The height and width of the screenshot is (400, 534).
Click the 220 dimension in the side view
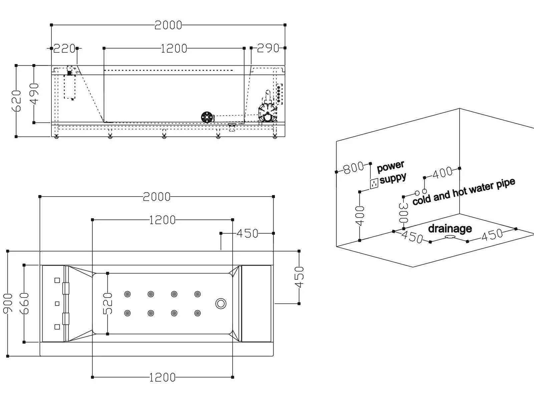click(x=64, y=49)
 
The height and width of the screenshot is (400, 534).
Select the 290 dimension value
click(x=268, y=48)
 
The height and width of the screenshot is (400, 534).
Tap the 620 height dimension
click(x=16, y=101)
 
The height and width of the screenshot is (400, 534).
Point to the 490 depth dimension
click(x=34, y=94)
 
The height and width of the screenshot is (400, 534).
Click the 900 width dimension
click(x=8, y=303)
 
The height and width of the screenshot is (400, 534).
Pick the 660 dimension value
click(x=24, y=303)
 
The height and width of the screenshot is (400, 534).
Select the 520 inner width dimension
click(x=107, y=303)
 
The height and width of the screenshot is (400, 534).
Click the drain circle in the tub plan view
click(x=221, y=303)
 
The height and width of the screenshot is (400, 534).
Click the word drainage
click(x=450, y=229)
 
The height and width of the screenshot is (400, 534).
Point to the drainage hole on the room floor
click(x=450, y=237)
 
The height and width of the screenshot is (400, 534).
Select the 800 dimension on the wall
click(x=353, y=167)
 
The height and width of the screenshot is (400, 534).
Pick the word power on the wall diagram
click(x=390, y=166)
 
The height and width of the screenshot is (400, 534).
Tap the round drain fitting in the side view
click(x=207, y=117)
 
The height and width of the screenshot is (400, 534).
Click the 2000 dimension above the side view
click(x=168, y=25)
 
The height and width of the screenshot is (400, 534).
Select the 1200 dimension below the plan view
click(x=162, y=377)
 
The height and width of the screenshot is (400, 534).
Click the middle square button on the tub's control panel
click(x=57, y=304)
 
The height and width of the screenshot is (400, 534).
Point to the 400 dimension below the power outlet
click(x=360, y=216)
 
